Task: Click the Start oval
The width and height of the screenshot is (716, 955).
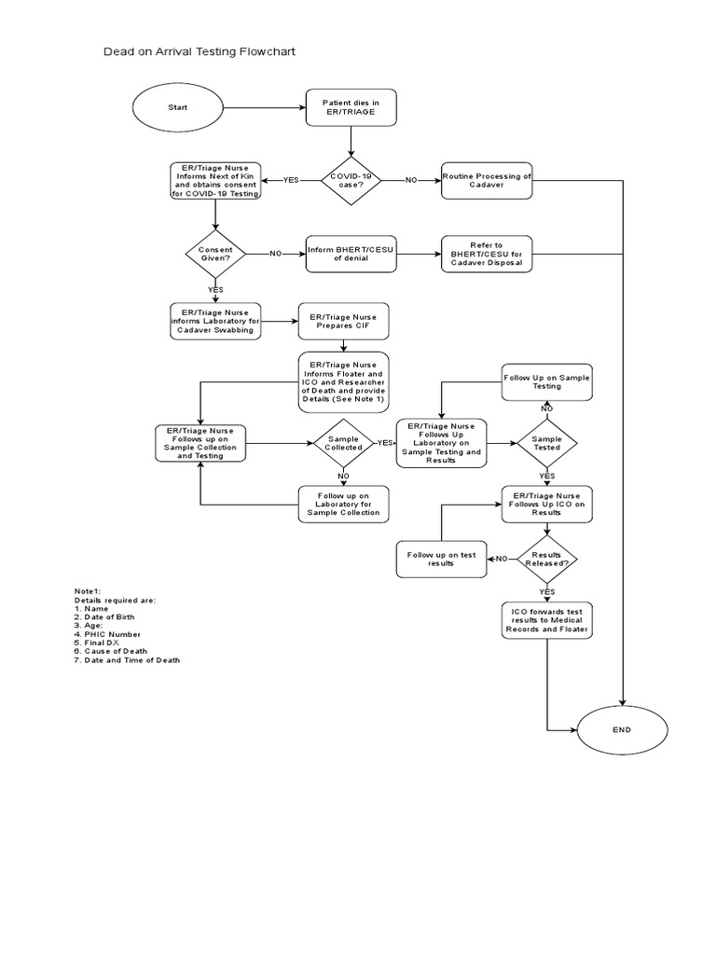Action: pos(177,107)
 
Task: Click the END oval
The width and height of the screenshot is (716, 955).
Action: pos(622,729)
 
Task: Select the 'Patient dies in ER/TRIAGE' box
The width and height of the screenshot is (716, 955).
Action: pos(351,107)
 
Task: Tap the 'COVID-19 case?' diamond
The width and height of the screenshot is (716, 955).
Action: pos(351,180)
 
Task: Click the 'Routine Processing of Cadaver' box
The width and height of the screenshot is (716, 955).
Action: pos(487,180)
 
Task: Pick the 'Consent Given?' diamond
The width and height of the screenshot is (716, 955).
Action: pos(215,253)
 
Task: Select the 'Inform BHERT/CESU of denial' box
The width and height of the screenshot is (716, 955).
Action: pos(351,253)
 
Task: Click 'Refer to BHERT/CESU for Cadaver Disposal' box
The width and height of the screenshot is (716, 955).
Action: pos(487,253)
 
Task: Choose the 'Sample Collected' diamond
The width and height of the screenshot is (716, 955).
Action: pos(343,442)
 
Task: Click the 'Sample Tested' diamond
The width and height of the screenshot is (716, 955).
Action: pos(547,442)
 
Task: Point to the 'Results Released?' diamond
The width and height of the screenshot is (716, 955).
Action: pos(547,559)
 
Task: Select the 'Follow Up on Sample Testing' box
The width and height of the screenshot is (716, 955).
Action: pos(547,381)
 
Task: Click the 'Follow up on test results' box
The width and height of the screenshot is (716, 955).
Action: pos(441,559)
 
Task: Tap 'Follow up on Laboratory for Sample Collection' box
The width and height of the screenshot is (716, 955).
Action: pos(343,505)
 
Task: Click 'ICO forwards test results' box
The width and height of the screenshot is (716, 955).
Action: pos(547,619)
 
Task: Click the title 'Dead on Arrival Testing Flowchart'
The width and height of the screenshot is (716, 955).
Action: pos(199,51)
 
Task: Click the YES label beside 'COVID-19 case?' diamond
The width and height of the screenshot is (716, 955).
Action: pos(291,180)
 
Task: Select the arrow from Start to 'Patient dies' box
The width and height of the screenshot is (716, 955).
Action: pos(265,107)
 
